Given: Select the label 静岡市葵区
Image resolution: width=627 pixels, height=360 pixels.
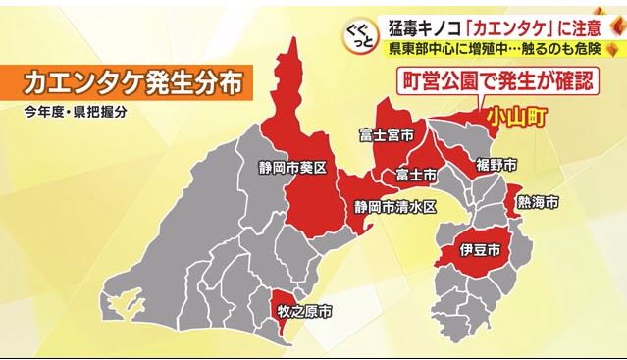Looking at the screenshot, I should [292, 168].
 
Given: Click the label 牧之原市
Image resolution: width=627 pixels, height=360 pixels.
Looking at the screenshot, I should [301, 313].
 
